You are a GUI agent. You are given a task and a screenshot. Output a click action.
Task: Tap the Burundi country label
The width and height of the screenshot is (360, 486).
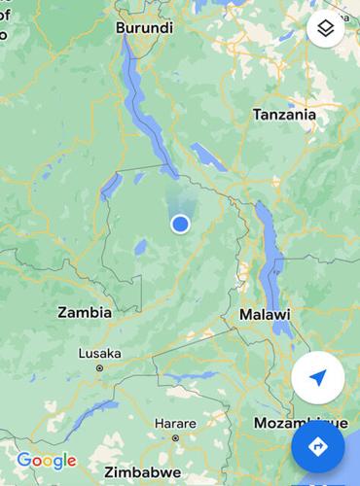[144, 28]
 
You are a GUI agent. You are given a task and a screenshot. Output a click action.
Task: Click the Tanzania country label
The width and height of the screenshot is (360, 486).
[284, 115]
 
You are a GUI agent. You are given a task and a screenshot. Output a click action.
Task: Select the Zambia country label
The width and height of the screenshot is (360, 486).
[85, 313]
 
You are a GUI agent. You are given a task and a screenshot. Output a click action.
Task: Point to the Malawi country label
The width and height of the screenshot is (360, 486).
[265, 315]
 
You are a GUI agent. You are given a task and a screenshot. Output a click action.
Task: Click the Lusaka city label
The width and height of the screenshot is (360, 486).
[98, 354]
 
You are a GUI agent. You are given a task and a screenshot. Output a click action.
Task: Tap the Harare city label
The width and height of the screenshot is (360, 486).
[175, 424]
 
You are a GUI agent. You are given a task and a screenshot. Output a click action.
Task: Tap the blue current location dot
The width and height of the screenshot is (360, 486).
[180, 225]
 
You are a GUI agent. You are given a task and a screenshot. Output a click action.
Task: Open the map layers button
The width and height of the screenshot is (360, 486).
[326, 29]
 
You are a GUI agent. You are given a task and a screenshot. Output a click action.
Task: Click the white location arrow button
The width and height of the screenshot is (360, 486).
[318, 379]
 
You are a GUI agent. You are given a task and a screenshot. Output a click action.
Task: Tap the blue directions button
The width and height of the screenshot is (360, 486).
[317, 446]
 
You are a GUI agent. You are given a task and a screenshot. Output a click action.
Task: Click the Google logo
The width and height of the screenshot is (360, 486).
[46, 461]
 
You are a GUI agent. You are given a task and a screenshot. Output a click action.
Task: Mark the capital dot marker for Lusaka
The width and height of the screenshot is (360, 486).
[98, 368]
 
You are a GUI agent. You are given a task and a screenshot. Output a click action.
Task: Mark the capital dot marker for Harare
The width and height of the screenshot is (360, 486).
[175, 438]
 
